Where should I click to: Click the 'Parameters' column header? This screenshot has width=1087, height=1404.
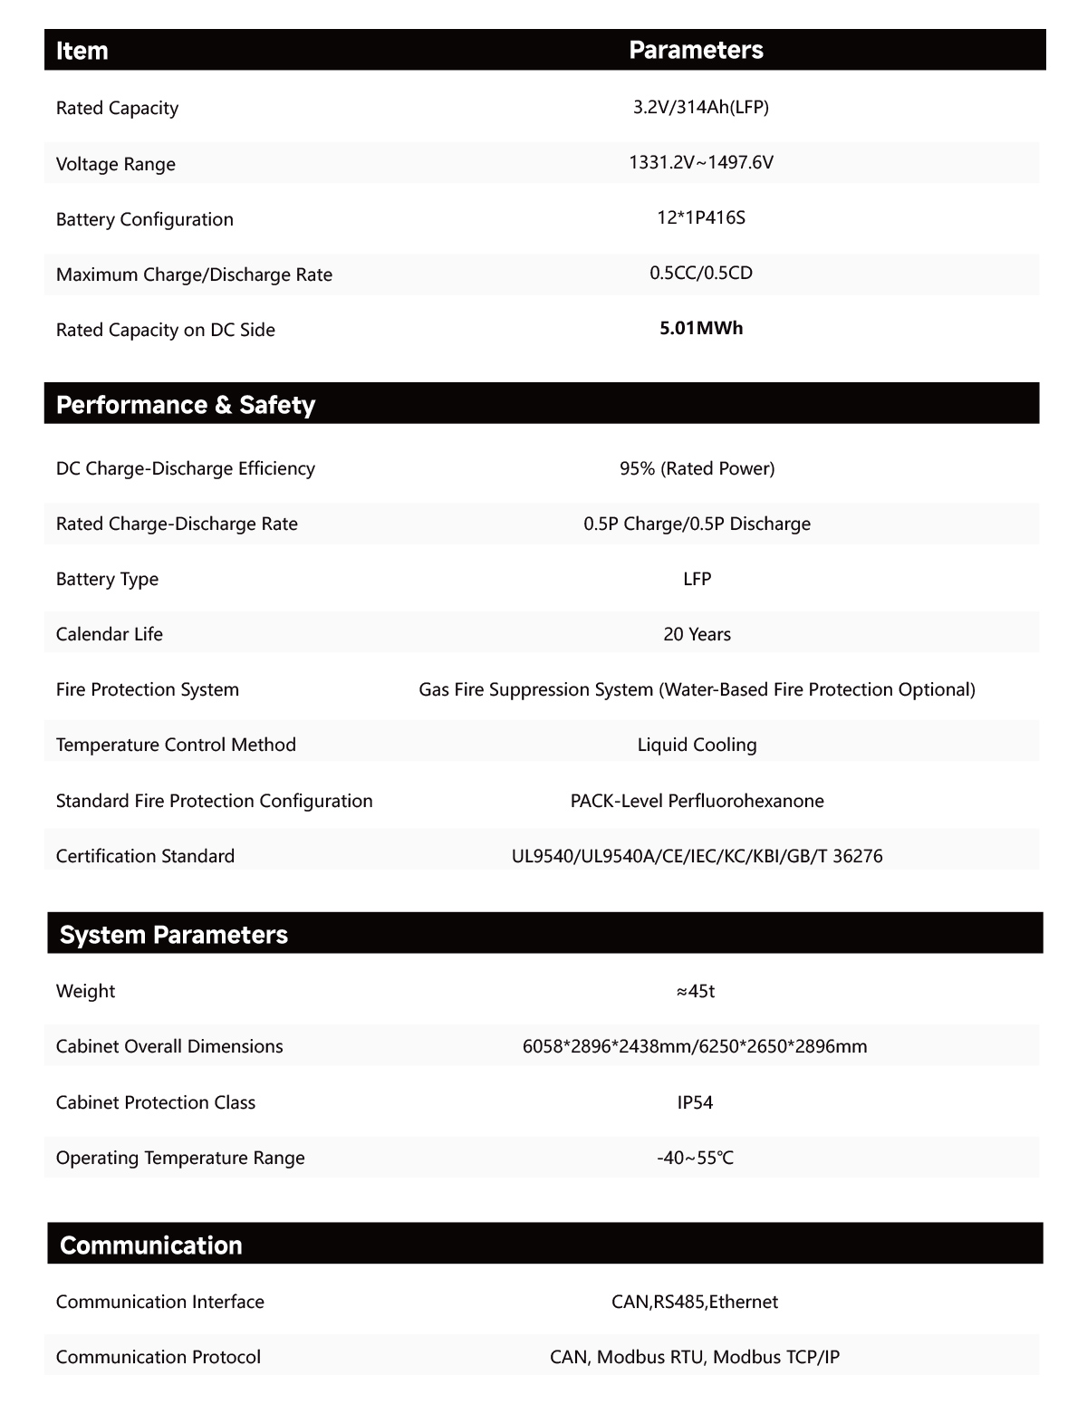(696, 50)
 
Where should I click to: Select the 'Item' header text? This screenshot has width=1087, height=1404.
(82, 51)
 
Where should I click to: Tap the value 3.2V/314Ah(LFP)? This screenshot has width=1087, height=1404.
(700, 107)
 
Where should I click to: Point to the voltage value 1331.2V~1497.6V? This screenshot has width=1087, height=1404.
(700, 162)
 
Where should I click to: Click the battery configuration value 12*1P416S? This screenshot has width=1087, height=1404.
(700, 217)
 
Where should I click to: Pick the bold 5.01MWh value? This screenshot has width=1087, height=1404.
(700, 328)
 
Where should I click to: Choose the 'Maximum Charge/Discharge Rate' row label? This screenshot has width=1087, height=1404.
(194, 274)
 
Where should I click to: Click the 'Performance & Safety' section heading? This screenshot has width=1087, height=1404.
(185, 404)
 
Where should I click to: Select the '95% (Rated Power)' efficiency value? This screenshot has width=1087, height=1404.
(697, 468)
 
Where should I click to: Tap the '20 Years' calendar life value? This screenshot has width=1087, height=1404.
(697, 634)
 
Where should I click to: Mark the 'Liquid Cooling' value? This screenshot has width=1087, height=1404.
(697, 745)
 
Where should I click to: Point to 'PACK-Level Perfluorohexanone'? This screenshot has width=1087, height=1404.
(697, 801)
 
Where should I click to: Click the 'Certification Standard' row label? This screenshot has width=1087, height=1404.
(145, 856)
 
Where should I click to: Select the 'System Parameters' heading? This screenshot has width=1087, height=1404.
(173, 935)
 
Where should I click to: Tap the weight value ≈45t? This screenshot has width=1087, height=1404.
(695, 991)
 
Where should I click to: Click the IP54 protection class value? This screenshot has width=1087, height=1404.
(695, 1102)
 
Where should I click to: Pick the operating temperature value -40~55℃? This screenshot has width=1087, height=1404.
(695, 1158)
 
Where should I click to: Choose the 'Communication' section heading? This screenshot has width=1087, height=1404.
(150, 1245)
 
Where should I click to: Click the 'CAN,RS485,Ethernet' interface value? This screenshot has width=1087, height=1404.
(694, 1302)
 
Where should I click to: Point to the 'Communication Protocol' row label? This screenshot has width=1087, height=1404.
(158, 1357)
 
